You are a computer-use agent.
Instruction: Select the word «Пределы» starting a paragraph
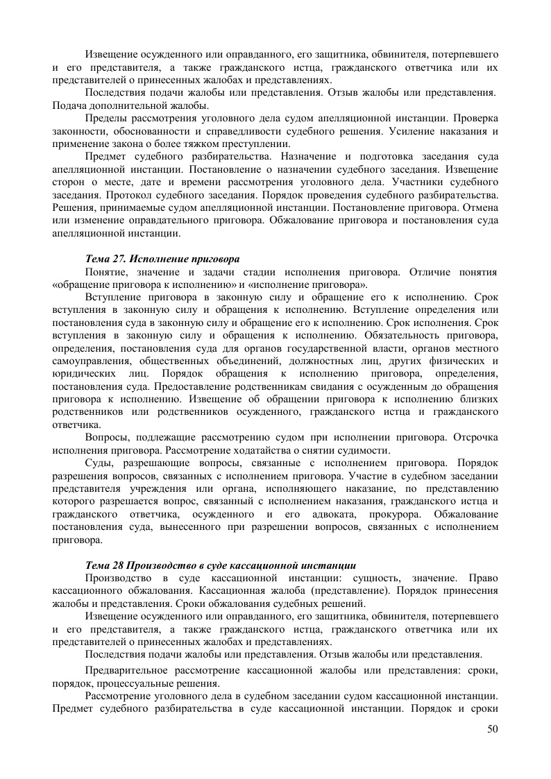point(103,119)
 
